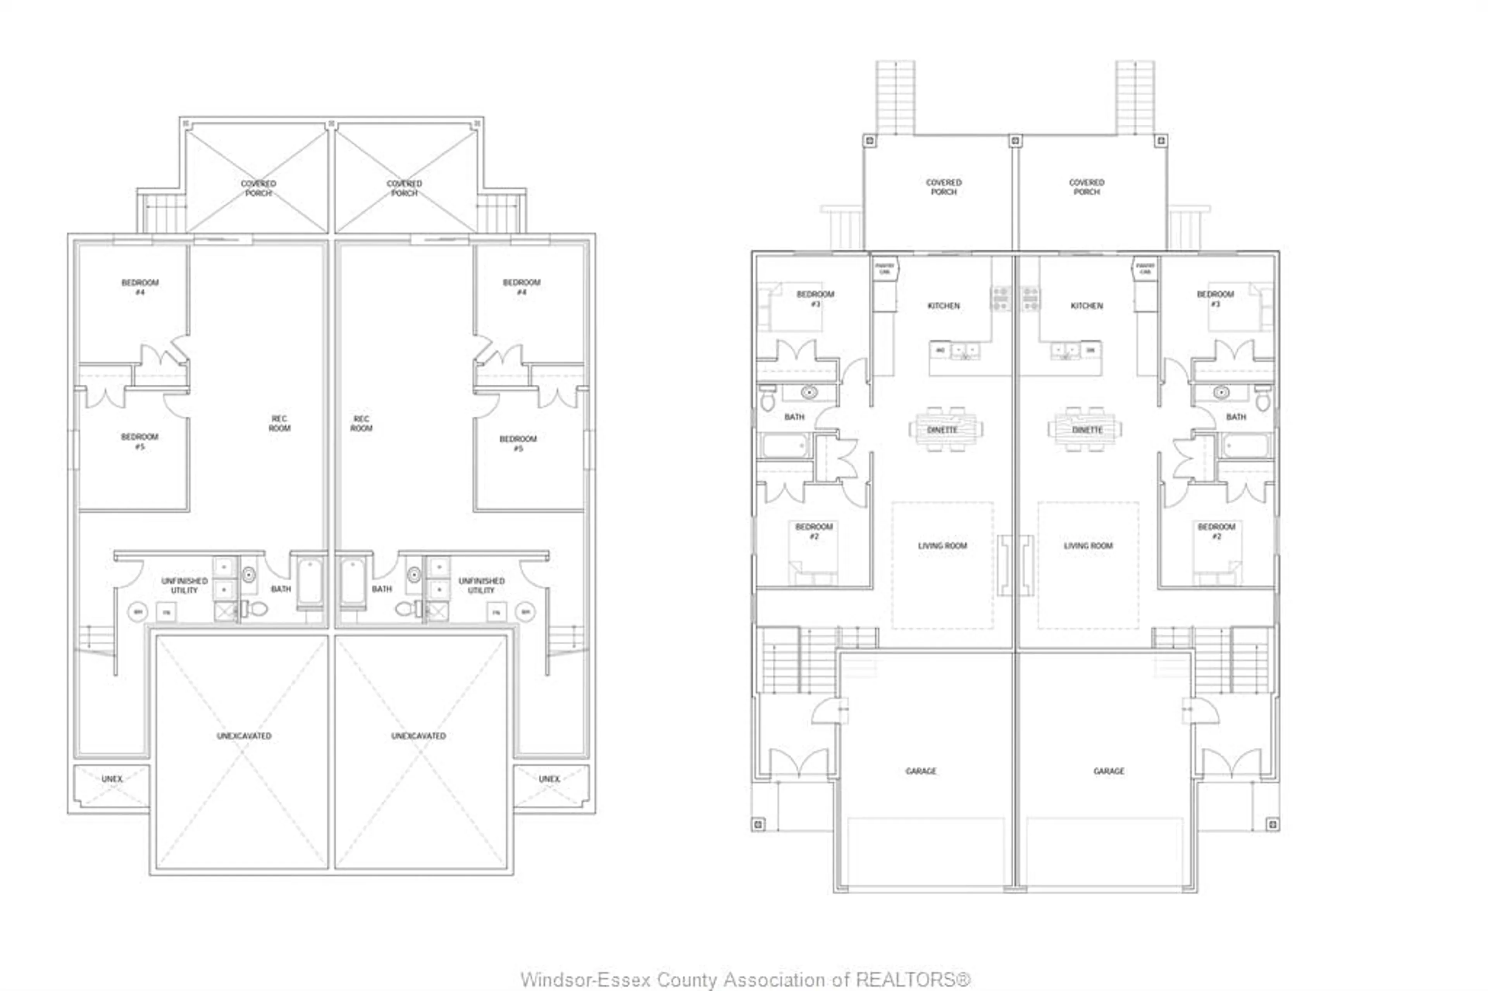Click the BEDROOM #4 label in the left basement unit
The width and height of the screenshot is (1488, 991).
click(x=140, y=287)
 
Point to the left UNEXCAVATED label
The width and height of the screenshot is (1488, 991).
click(x=244, y=736)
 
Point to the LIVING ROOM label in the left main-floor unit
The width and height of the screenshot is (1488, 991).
click(x=942, y=545)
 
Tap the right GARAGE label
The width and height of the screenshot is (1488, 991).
click(x=1108, y=771)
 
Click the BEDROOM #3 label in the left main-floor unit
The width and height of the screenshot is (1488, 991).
click(x=815, y=298)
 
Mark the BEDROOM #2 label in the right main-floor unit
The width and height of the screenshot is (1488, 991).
click(x=1216, y=531)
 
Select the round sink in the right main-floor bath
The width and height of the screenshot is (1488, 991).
click(x=1221, y=392)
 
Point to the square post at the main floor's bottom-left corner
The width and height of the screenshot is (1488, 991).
click(x=758, y=824)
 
